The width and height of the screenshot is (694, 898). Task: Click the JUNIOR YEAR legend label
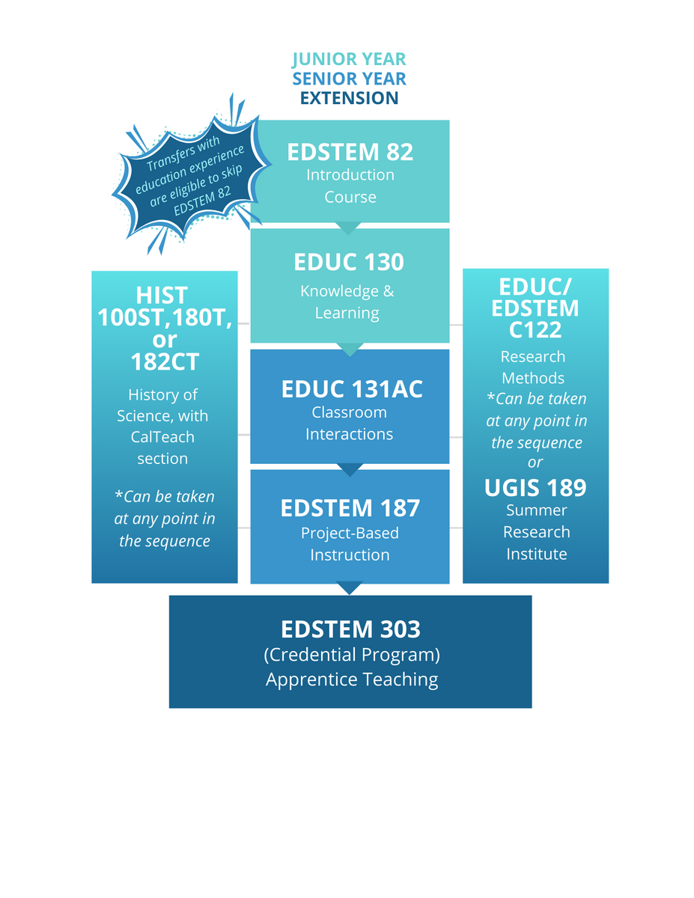[349, 59]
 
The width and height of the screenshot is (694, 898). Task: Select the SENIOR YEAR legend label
[349, 79]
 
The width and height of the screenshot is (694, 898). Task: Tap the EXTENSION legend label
[349, 98]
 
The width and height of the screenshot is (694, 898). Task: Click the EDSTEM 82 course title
[350, 152]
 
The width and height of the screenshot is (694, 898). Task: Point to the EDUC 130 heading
[349, 262]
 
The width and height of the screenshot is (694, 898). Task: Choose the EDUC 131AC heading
[352, 389]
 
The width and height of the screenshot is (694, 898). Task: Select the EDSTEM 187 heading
[350, 509]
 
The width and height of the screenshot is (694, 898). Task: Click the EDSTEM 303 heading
[350, 629]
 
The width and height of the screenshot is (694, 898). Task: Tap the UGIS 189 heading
[535, 488]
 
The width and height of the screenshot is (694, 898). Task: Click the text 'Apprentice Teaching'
[351, 679]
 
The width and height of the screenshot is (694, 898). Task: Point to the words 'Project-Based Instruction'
[350, 544]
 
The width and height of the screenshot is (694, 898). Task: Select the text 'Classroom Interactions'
[350, 423]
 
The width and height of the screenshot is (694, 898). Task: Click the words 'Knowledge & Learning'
[347, 302]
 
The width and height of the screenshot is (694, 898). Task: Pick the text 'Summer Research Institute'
[536, 532]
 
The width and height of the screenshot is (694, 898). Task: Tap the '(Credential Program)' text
[351, 655]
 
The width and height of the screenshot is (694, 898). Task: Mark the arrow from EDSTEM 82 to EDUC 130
[350, 227]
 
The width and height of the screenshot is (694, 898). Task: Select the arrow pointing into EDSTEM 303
[350, 588]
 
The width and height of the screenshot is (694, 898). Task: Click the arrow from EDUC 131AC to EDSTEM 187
[350, 469]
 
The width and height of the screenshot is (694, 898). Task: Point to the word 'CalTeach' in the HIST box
[162, 436]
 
